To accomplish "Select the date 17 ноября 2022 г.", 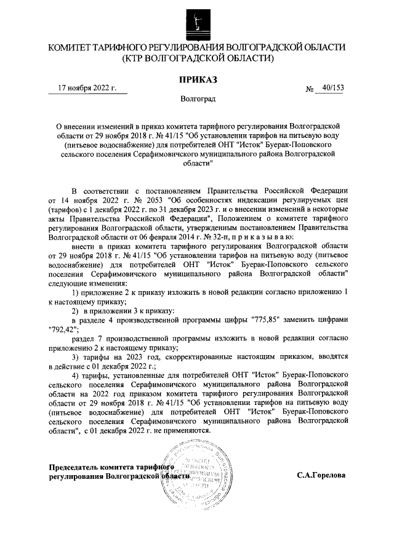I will pos(87,88).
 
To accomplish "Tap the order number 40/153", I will pos(329,88).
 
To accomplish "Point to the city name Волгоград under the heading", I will pos(198,98).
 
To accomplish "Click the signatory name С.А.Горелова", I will pos(321,476).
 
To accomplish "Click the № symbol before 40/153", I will pos(310,89).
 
